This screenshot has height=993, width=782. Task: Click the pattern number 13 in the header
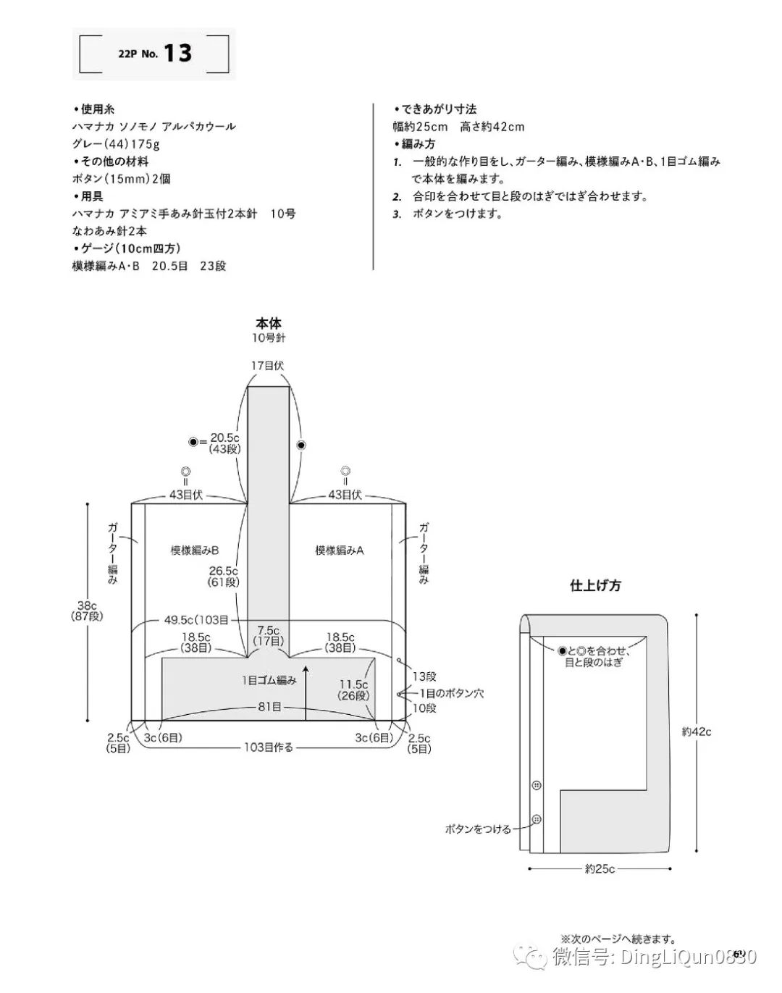pos(177,53)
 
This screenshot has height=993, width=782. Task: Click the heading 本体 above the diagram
pos(269,323)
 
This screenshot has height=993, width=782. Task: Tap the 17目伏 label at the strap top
pos(268,366)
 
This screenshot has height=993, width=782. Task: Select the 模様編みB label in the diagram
pos(195,550)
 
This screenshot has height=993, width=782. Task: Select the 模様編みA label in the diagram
pos(339,550)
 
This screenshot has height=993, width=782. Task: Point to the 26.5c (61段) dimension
pos(224,577)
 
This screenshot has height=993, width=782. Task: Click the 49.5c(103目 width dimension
pos(196,620)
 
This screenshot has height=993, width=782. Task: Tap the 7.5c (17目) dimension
pos(268,636)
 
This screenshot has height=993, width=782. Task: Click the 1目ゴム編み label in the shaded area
pos(269,680)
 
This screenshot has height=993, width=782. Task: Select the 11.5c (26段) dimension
pos(354,690)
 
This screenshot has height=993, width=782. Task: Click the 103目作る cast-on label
pos(269,747)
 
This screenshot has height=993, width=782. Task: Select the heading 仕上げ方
pos(595,586)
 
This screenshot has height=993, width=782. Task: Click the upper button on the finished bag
pos(537,785)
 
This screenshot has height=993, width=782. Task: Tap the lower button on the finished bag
pos(537,819)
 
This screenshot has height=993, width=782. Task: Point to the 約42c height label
pos(697,732)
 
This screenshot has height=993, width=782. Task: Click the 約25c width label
pos(600,868)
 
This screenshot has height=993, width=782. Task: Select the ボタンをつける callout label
pos(478,829)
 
